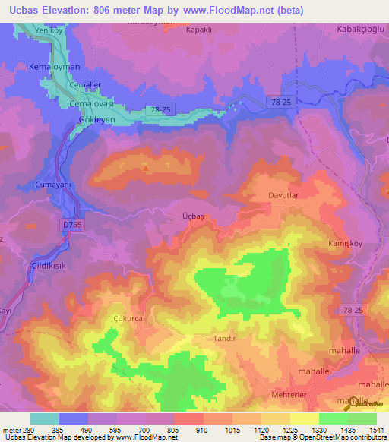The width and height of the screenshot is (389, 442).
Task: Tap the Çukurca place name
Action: tap(127, 319)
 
